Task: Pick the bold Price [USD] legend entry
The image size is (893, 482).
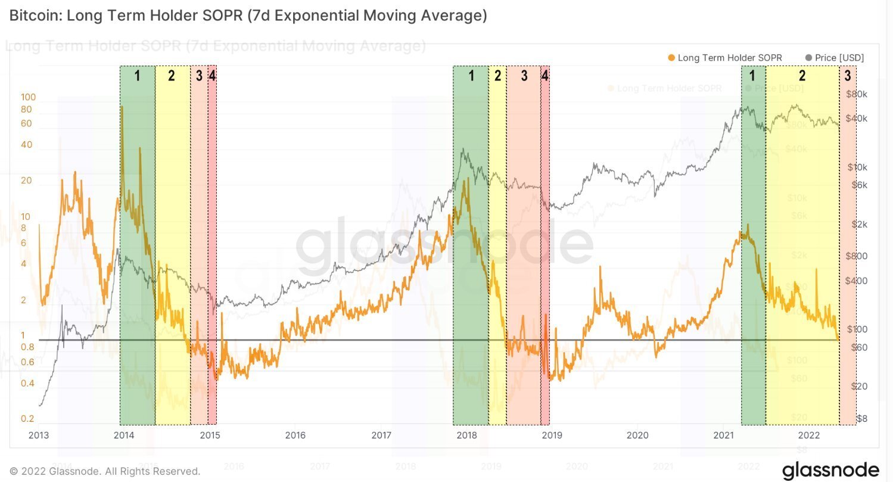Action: pyautogui.click(x=839, y=58)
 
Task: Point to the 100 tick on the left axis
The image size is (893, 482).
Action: pyautogui.click(x=29, y=97)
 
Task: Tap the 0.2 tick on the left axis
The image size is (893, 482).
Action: pyautogui.click(x=27, y=418)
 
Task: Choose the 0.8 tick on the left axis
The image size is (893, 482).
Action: pyautogui.click(x=27, y=347)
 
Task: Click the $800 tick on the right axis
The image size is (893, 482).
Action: pyautogui.click(x=857, y=256)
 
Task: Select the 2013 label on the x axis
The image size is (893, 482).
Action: pyautogui.click(x=39, y=436)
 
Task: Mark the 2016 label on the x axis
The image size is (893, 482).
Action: pyautogui.click(x=295, y=436)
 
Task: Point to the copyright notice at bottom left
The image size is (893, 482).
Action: pyautogui.click(x=105, y=471)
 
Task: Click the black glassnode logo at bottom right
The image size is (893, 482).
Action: pyautogui.click(x=830, y=469)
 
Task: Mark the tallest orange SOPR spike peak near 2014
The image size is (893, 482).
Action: pyautogui.click(x=122, y=107)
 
